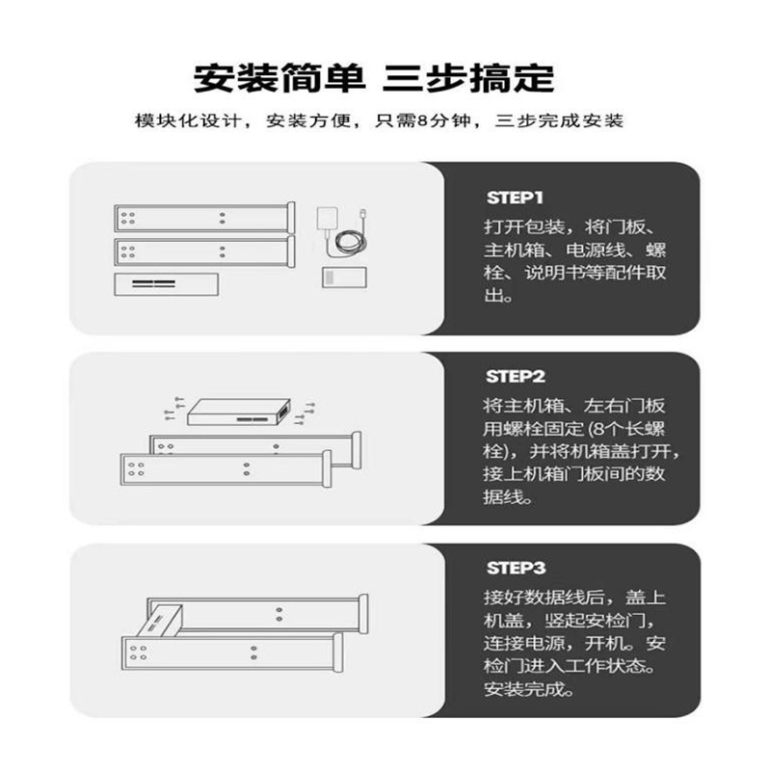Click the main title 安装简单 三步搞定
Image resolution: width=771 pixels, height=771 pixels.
(385, 76)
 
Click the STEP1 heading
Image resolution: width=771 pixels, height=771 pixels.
(516, 199)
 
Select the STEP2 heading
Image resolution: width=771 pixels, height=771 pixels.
(516, 377)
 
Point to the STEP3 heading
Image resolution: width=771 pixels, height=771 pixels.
(516, 569)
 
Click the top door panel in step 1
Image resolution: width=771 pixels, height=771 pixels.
(202, 217)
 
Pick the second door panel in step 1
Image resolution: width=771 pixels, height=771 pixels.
(202, 252)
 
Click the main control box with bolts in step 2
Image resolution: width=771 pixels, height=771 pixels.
(236, 412)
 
